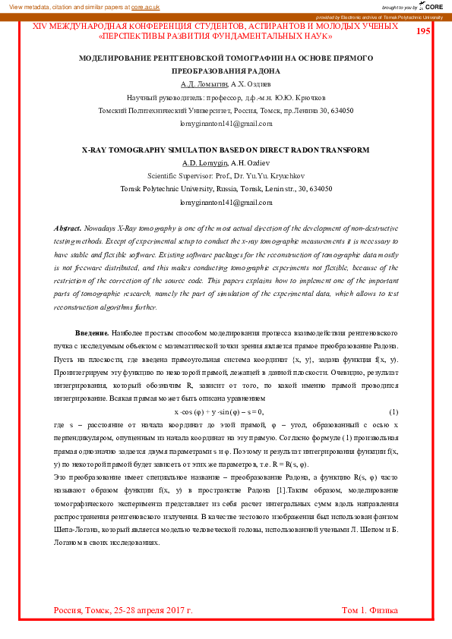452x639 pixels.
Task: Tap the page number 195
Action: coord(423,31)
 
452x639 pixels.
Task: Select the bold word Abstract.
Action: coord(68,228)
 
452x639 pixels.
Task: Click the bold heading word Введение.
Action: coord(92,333)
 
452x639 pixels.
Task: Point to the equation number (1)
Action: coord(394,411)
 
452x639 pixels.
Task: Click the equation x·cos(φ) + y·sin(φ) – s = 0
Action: coord(219,411)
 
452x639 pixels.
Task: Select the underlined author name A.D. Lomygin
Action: coord(204,163)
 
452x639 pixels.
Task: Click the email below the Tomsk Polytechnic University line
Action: coord(226,203)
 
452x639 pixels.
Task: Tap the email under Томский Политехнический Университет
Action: coord(226,123)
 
